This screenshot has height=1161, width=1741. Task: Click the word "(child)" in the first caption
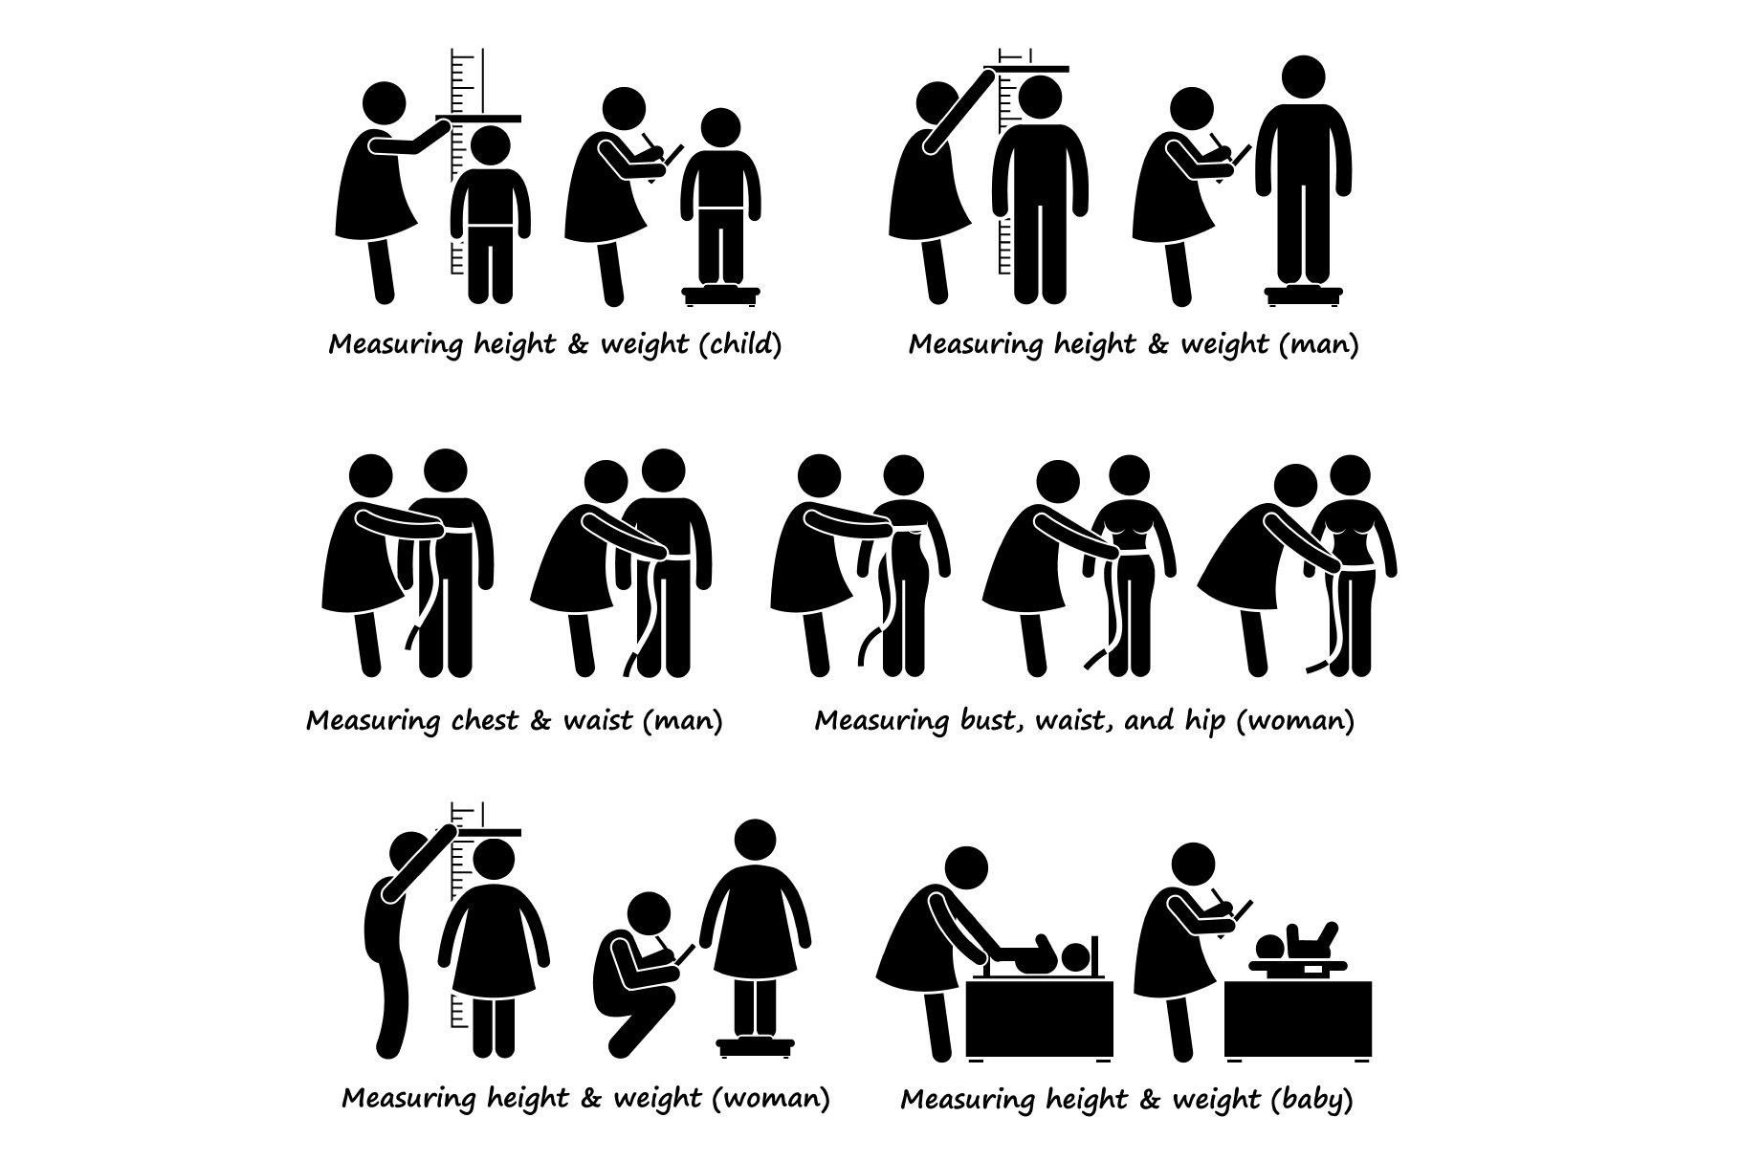740,344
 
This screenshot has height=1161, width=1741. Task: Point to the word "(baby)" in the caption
1312,1100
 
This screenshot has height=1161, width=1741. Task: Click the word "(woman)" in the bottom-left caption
771,1098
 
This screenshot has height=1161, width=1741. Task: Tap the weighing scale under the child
719,294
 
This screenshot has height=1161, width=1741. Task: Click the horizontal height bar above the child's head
478,119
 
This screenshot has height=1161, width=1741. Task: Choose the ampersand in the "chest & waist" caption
540,719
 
